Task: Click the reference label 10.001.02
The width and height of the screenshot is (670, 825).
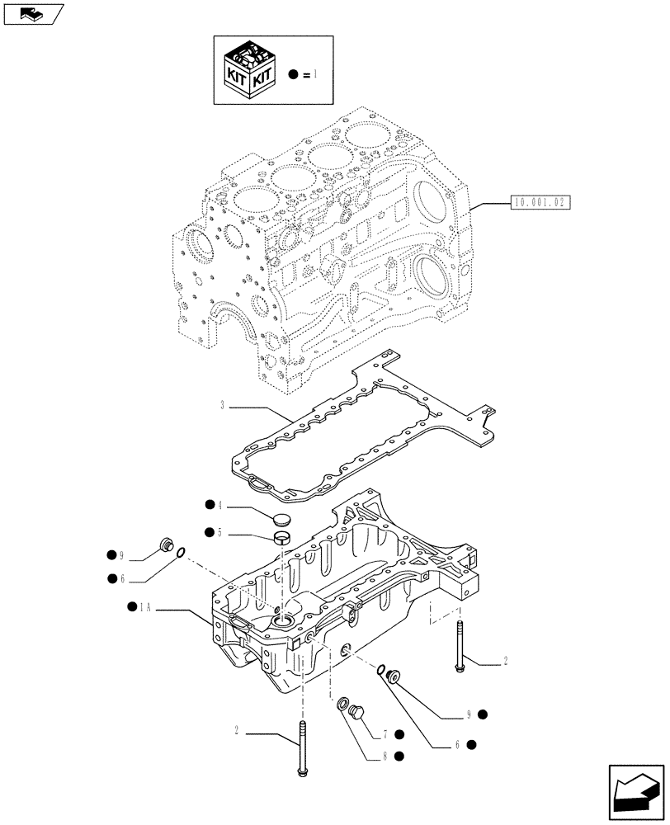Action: tap(541, 200)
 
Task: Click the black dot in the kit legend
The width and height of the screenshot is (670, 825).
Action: tap(293, 75)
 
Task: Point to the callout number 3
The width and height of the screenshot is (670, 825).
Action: tap(223, 405)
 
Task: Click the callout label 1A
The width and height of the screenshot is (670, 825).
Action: tap(145, 607)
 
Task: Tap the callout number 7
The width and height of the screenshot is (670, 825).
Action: tap(385, 734)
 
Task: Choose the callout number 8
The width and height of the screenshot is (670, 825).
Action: tap(385, 755)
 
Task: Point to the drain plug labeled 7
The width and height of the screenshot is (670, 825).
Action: tap(358, 712)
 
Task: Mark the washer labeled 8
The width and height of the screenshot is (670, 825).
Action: tap(342, 704)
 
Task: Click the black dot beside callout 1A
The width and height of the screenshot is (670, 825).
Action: tap(132, 607)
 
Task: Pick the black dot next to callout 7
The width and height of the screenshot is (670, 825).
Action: tap(399, 734)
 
